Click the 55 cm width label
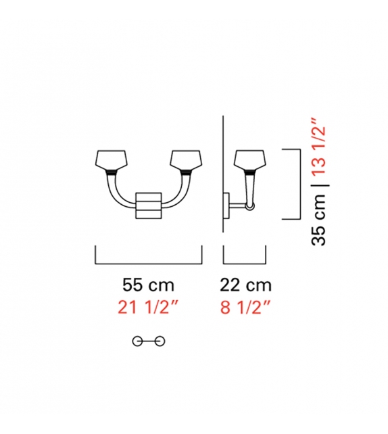(x=148, y=285)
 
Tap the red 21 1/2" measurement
(x=148, y=307)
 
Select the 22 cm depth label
(x=245, y=285)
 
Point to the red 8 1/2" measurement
(x=245, y=307)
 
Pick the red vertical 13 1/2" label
(x=318, y=150)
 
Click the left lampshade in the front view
(x=111, y=160)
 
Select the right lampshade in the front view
(x=185, y=160)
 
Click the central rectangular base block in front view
(x=149, y=206)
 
